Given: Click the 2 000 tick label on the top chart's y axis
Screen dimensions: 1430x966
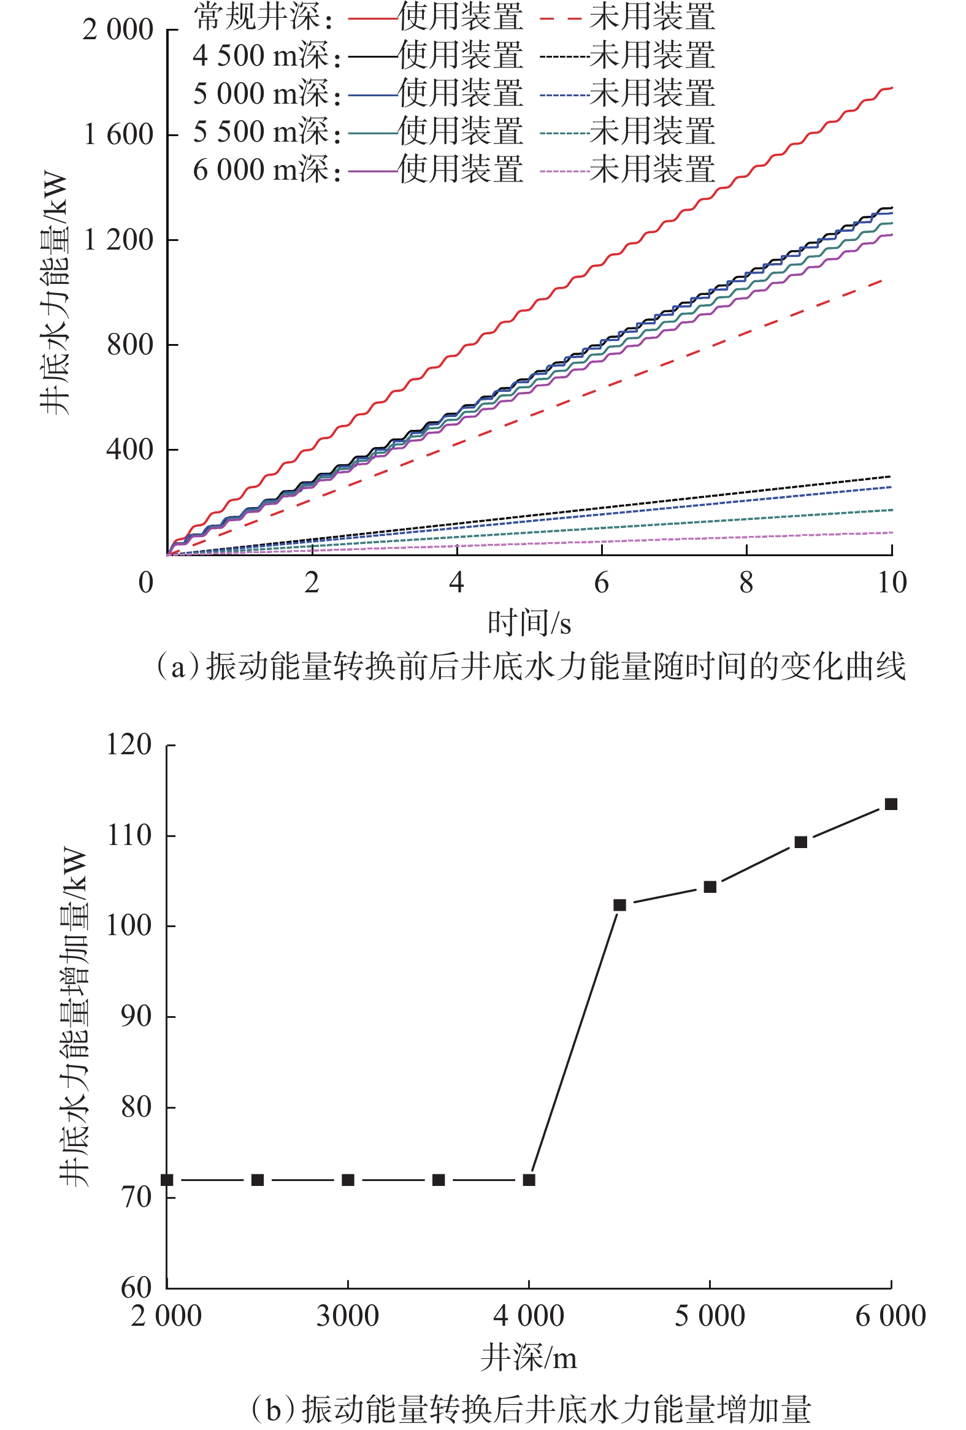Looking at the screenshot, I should tap(118, 29).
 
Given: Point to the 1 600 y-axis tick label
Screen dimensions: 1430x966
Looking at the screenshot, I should tap(118, 135).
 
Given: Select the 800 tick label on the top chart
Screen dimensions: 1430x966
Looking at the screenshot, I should tap(130, 345).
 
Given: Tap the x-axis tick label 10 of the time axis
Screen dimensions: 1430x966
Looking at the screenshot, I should tap(892, 583).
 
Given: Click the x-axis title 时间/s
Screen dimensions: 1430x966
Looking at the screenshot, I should tap(529, 623).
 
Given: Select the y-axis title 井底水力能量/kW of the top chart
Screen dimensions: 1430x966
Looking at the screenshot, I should tap(54, 292).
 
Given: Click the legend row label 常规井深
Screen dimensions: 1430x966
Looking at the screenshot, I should tap(263, 17).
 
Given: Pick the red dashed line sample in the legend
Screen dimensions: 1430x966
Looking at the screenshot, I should tap(561, 18).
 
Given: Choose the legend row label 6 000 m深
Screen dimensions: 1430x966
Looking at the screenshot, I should tap(266, 170).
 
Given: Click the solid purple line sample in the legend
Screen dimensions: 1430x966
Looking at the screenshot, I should tap(372, 171).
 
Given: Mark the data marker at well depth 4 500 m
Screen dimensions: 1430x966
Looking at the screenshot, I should tap(619, 905).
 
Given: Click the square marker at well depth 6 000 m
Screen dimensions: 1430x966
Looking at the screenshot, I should tap(891, 804).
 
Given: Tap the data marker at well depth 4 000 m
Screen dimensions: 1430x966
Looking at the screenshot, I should tap(529, 1180).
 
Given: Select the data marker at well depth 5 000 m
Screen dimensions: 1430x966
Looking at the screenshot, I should tap(710, 887).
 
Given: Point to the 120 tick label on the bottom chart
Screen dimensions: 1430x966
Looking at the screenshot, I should tap(129, 744).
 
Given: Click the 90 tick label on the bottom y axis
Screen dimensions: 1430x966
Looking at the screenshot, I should tap(136, 1017).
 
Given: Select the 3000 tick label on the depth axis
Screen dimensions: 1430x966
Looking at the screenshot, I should tap(348, 1316).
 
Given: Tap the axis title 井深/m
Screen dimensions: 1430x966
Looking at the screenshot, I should tap(529, 1358).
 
